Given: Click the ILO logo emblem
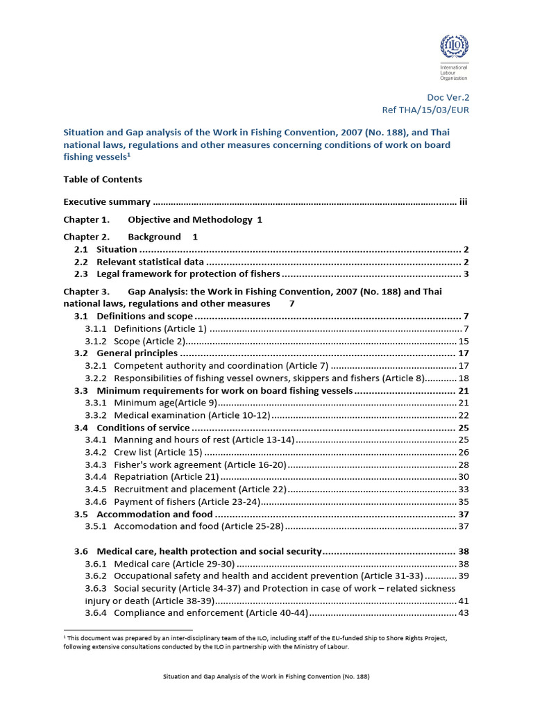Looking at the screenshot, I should [454, 48].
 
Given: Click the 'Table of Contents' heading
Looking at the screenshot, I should [103, 179].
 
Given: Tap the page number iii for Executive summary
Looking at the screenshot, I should [463, 202].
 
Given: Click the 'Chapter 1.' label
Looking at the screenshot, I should [87, 219].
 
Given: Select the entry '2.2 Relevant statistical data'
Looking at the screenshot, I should [150, 262].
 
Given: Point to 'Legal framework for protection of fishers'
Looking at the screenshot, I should [188, 274].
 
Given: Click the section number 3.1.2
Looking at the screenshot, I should [96, 341].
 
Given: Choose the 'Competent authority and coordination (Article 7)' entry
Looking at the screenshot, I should [221, 365].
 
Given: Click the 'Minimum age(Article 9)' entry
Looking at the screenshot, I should [166, 403].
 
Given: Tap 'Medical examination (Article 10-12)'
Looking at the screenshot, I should [191, 415].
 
